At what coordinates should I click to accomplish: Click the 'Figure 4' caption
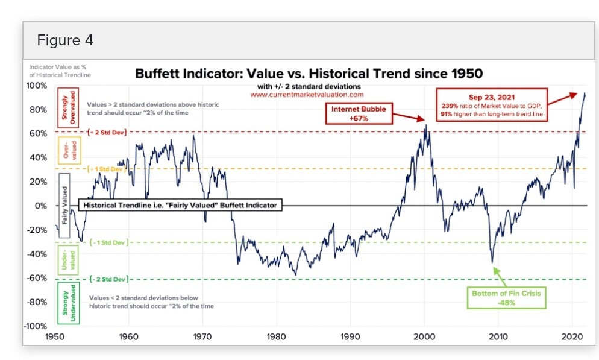(65, 41)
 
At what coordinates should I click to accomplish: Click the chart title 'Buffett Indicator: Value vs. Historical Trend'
(309, 74)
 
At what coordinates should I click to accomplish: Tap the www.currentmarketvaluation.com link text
(307, 95)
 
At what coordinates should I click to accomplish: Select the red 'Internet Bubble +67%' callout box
(359, 113)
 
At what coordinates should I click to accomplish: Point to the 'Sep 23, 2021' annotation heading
(492, 97)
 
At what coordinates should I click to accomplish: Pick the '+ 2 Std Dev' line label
(106, 131)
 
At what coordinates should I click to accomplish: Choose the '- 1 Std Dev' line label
(107, 242)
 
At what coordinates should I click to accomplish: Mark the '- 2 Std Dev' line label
(108, 279)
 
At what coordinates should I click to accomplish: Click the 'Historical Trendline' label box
(180, 206)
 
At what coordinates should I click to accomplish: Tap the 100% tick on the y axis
(37, 85)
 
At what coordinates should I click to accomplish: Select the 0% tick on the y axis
(40, 206)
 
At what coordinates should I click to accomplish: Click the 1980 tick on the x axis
(277, 336)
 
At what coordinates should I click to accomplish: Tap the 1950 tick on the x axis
(54, 336)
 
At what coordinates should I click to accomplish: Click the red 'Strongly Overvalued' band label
(66, 108)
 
